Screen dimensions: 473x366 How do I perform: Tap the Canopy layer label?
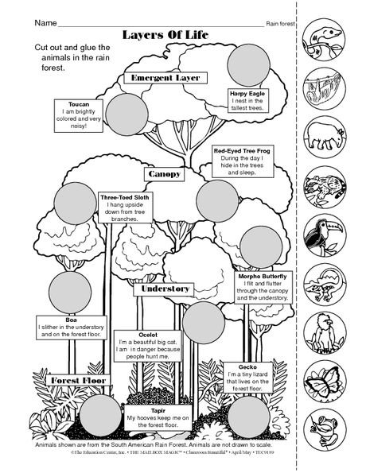164,173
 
